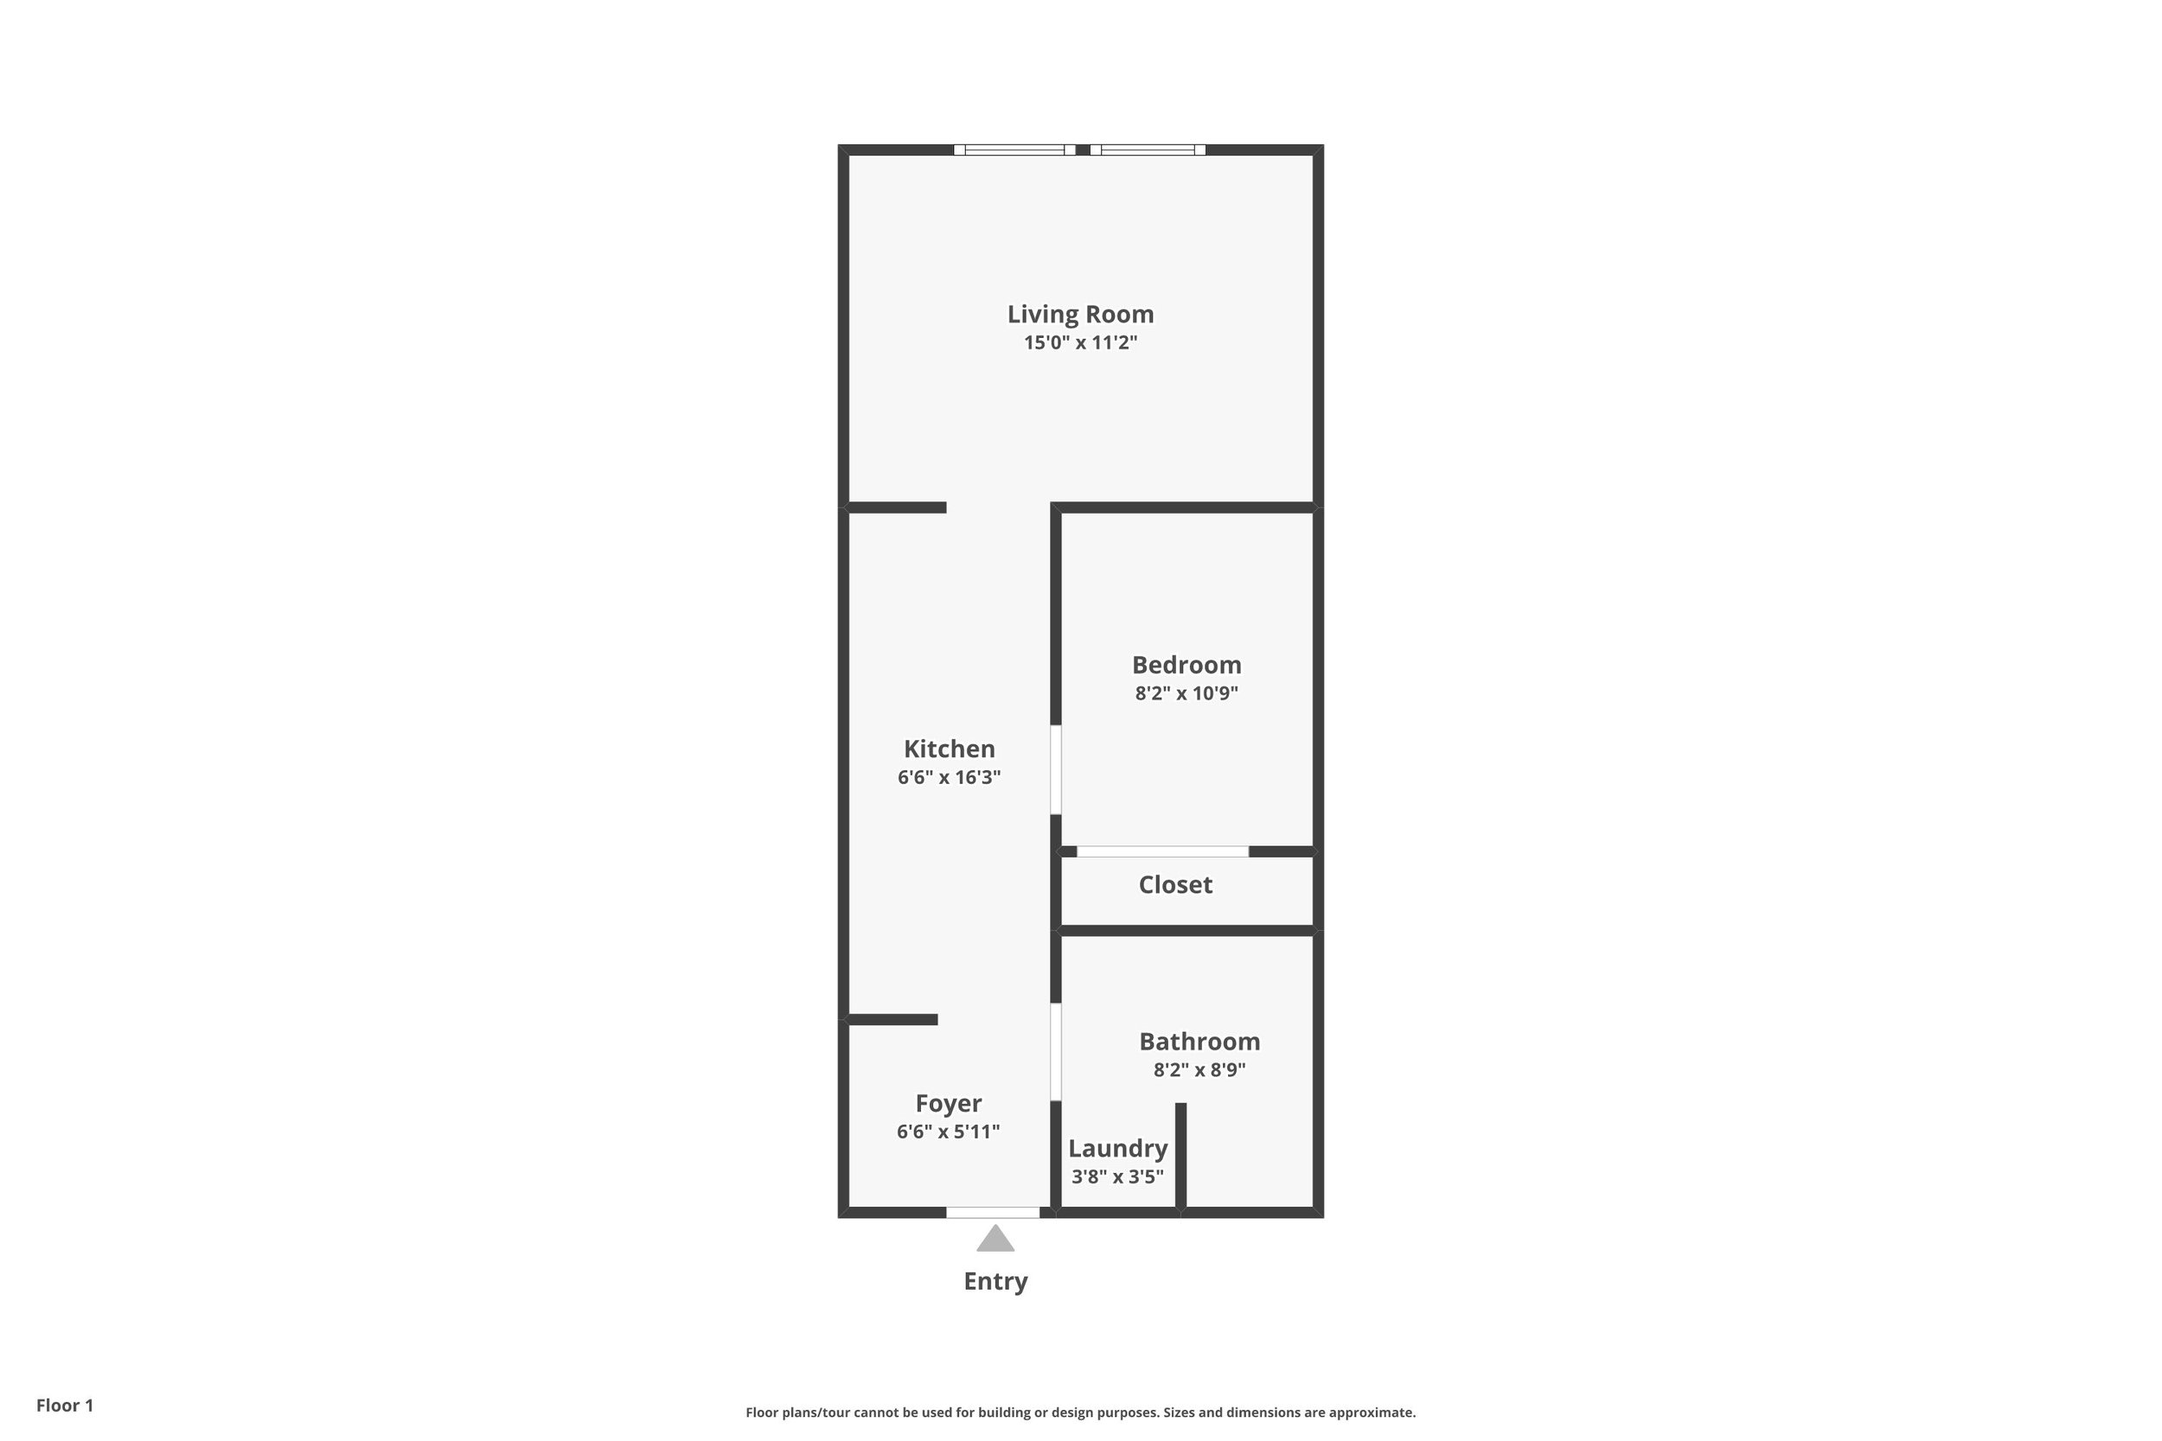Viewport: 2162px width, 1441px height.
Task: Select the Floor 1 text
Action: click(x=64, y=1406)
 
